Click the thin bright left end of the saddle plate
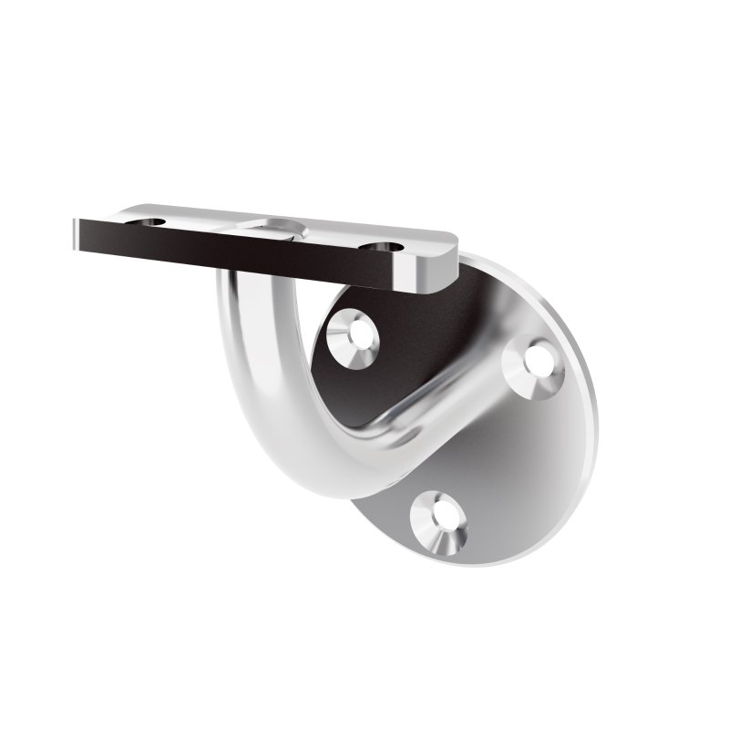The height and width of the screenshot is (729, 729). (73, 236)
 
